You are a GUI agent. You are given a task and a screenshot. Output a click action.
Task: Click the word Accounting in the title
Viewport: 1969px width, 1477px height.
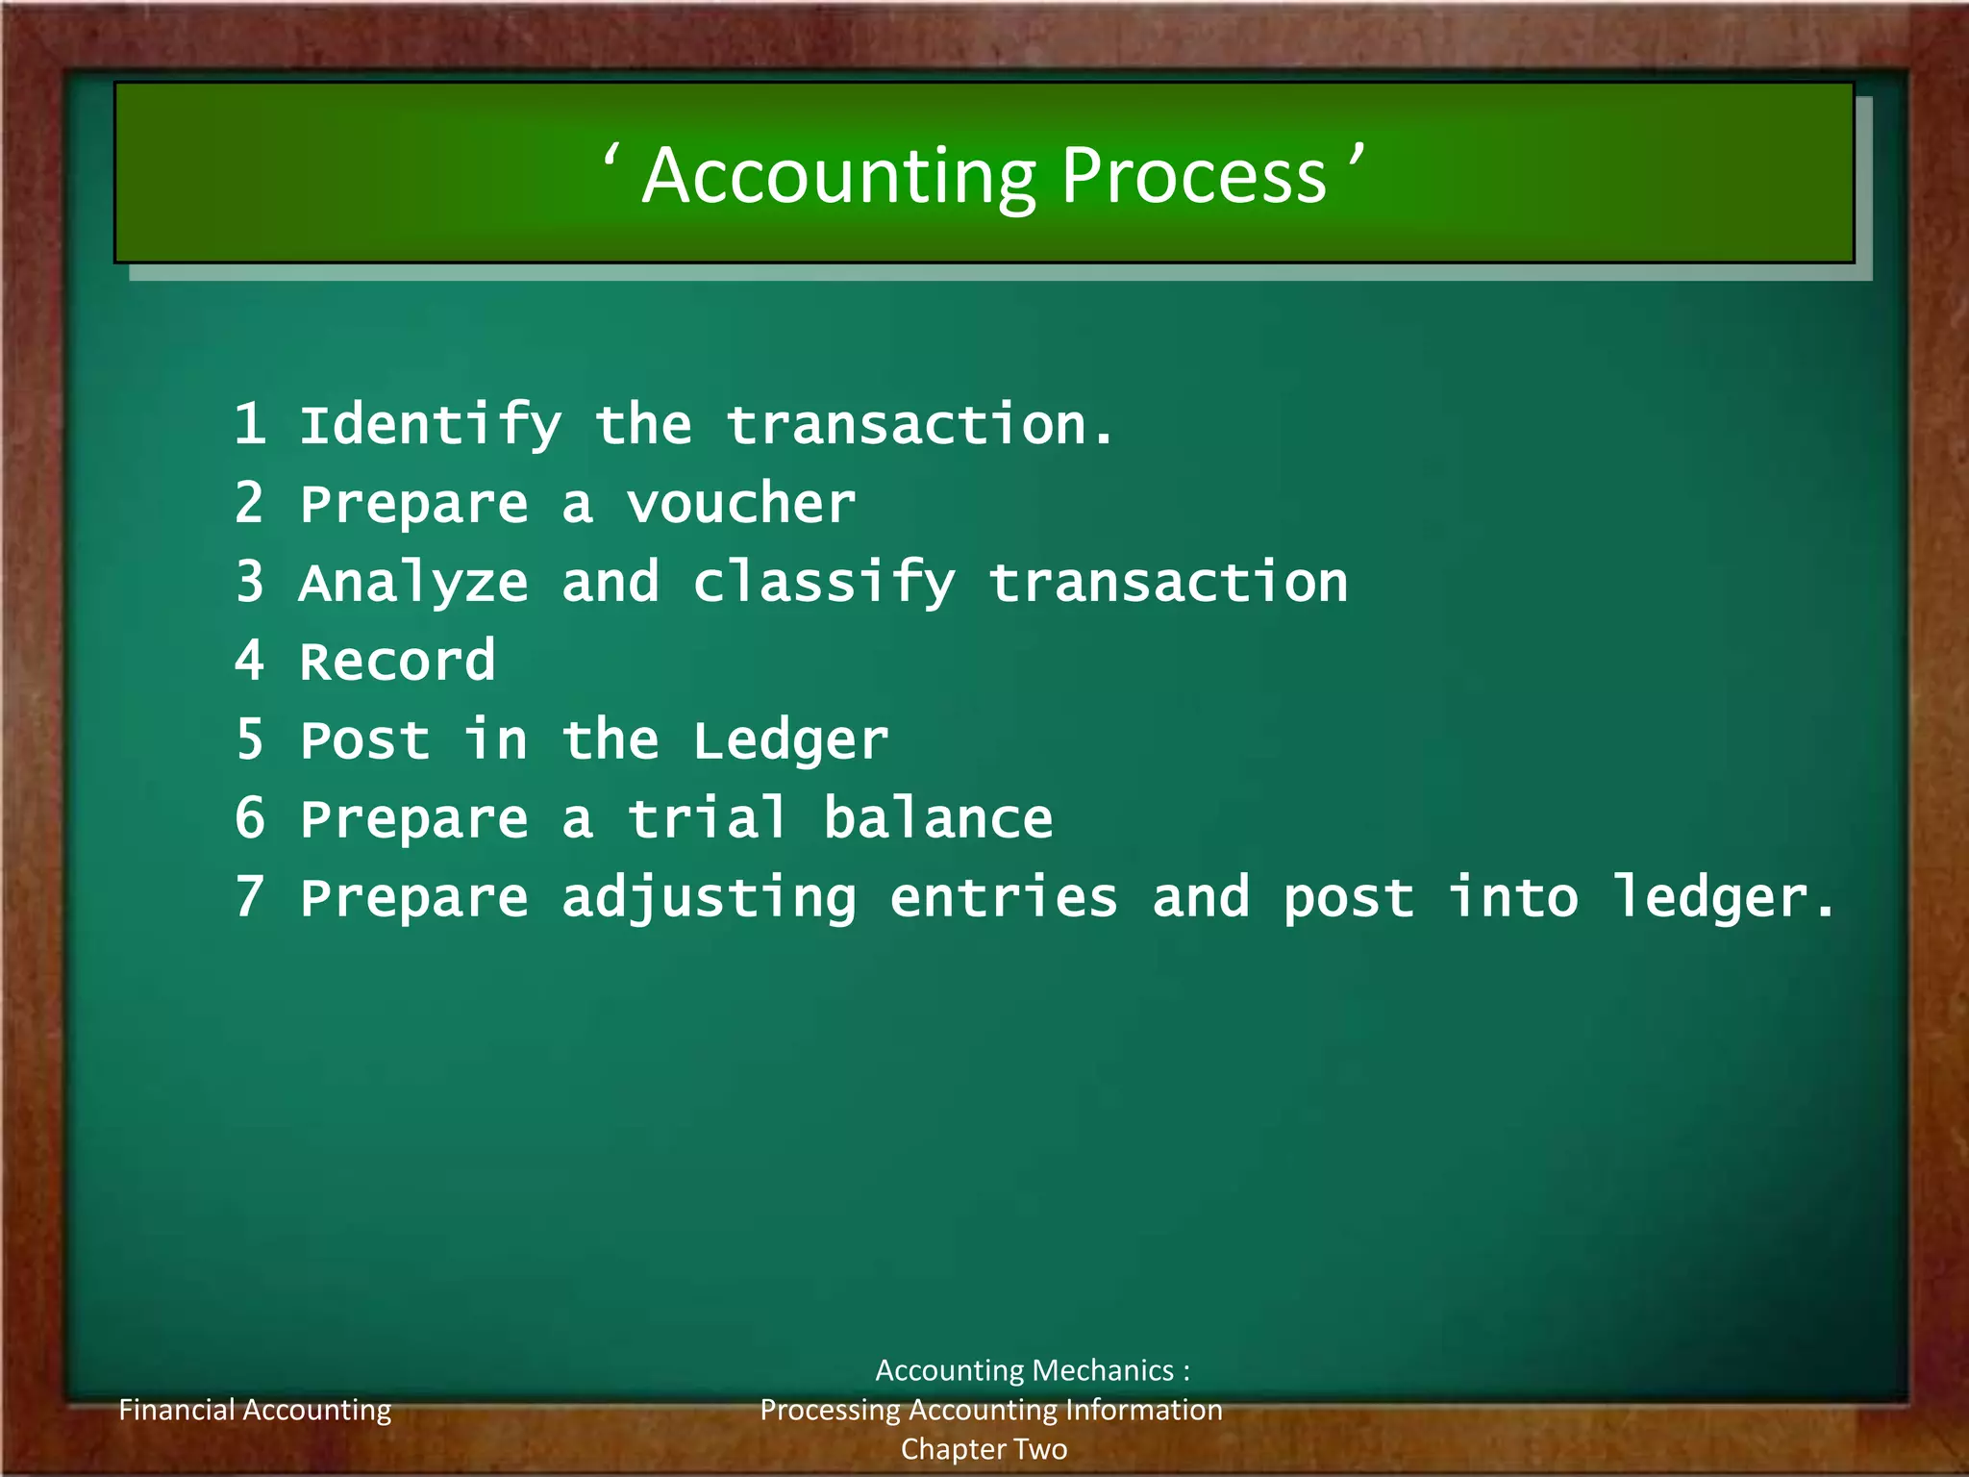838,177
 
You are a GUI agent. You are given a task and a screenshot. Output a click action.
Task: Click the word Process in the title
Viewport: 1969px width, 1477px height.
1194,177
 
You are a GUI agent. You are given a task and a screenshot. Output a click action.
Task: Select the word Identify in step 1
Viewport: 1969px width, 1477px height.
430,425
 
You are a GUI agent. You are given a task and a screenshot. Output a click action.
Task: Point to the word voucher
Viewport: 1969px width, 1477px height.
740,503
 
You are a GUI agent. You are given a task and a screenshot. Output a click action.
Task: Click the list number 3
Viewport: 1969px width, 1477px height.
250,581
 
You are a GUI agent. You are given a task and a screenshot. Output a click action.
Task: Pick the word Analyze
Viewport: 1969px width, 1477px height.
413,583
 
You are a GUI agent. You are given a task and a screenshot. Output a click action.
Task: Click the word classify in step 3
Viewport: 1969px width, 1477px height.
824,583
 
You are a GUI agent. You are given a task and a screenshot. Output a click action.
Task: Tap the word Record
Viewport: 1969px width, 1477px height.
397,661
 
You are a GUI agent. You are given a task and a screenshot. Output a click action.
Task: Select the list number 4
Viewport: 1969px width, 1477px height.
250,660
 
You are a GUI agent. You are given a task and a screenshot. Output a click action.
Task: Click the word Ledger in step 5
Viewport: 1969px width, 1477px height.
790,740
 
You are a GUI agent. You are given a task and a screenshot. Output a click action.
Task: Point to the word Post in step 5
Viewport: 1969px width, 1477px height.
364,739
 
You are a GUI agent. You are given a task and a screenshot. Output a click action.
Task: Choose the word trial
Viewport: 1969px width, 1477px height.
707,817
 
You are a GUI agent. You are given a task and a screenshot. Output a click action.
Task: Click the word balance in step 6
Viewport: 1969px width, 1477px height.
937,817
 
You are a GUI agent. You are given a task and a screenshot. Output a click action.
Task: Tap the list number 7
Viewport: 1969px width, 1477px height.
250,896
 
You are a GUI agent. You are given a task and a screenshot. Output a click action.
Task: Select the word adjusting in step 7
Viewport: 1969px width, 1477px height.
709,898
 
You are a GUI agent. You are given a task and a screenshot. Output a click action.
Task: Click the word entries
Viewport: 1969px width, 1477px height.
1004,896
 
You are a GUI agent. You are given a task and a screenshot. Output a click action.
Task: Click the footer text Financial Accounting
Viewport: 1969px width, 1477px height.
255,1410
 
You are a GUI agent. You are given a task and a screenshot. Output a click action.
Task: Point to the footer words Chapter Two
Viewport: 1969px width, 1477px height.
984,1449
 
